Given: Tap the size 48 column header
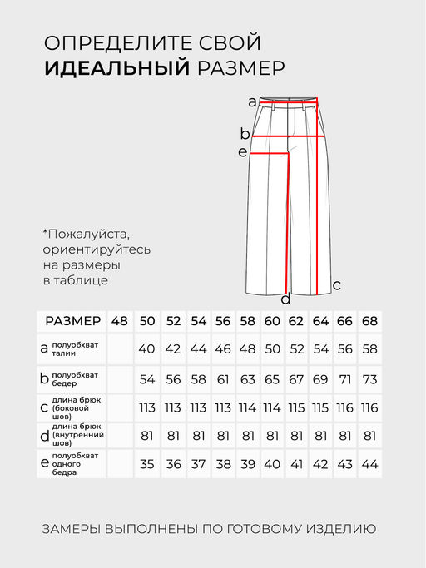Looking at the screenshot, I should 120,321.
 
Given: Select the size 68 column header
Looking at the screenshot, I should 370,321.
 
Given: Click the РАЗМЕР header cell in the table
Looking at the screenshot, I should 73,321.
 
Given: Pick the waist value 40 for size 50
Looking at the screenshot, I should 146,348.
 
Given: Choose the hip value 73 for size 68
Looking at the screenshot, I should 370,378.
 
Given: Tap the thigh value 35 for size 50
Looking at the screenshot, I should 146,464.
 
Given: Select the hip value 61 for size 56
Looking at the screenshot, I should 222,378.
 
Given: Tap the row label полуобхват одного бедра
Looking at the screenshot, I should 75,464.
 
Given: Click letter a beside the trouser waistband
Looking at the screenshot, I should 253,102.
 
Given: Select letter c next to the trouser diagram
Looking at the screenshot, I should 336,285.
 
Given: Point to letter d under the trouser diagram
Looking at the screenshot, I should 285,299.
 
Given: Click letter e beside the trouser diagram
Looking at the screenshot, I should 243,152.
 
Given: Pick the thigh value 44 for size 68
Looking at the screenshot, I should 370,464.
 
